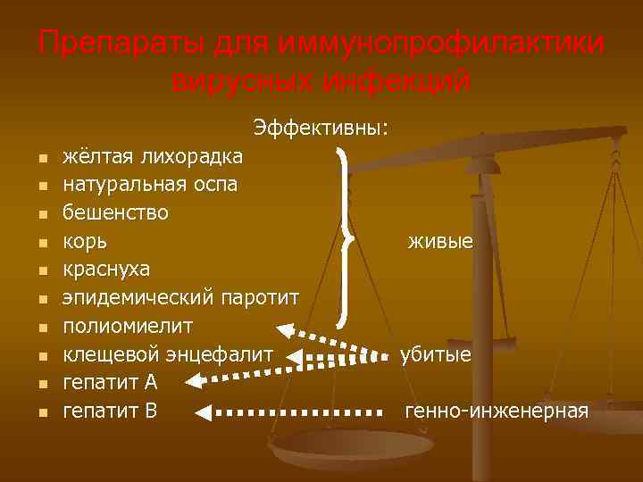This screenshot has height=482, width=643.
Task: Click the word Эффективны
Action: (x=321, y=128)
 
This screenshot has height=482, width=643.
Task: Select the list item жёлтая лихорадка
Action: (x=152, y=158)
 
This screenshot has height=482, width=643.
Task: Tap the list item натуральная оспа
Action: (x=150, y=186)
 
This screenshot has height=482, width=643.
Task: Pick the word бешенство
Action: (x=115, y=213)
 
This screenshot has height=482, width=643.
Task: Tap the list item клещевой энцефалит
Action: (x=167, y=354)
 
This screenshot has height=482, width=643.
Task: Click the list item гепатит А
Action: (x=110, y=382)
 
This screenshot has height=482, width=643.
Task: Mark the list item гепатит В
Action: (x=110, y=411)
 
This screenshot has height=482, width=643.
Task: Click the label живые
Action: (x=440, y=242)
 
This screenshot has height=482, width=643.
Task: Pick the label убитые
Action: (x=435, y=354)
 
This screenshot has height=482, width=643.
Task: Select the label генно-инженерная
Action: (x=497, y=411)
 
